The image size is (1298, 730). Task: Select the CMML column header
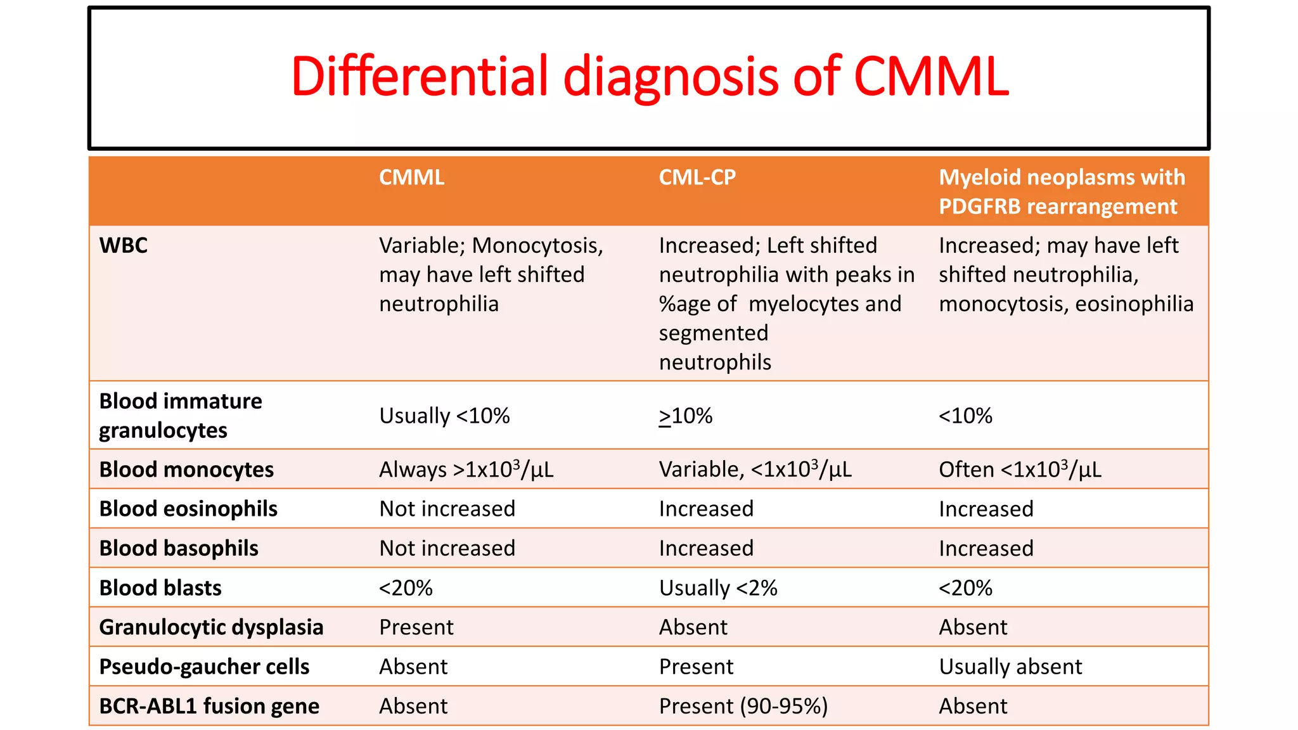(x=412, y=177)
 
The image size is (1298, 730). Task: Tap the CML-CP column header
(x=697, y=177)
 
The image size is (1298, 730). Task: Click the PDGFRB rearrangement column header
(x=1062, y=191)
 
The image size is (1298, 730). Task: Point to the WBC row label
(x=124, y=246)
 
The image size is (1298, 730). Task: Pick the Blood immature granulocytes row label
(x=181, y=416)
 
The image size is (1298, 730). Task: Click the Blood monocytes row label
(x=186, y=470)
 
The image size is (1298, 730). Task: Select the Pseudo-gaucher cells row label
(x=204, y=667)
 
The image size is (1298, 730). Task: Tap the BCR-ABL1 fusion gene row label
(x=209, y=706)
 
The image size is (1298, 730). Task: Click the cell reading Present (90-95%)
(x=743, y=706)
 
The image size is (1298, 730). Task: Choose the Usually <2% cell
(x=718, y=588)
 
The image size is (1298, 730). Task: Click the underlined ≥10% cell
(x=686, y=416)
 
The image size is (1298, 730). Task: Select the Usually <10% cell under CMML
(x=444, y=416)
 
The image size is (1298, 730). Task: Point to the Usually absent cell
(x=1010, y=667)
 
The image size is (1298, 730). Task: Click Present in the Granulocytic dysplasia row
(x=416, y=627)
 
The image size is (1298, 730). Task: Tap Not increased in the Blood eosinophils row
(x=447, y=509)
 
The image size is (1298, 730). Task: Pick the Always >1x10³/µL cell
(x=466, y=470)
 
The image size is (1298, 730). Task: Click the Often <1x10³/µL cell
(x=1020, y=470)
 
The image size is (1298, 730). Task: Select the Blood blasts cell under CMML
(x=406, y=588)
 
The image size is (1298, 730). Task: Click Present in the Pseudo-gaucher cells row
(x=696, y=667)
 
